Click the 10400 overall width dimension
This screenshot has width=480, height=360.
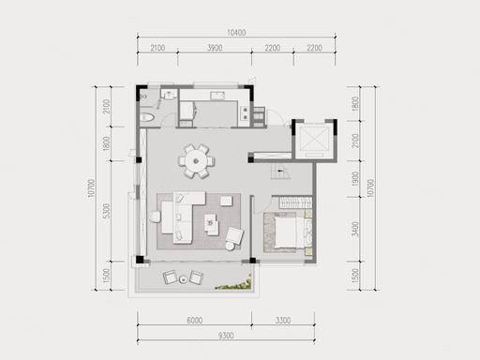click(236, 33)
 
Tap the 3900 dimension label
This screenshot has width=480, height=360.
click(215, 48)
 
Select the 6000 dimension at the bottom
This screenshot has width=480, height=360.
click(195, 321)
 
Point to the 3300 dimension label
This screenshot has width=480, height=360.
click(283, 321)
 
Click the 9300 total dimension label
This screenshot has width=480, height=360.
click(226, 336)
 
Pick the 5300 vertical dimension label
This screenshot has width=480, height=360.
click(107, 211)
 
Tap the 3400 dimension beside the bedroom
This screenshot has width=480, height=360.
click(355, 229)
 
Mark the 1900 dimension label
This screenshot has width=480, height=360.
click(355, 179)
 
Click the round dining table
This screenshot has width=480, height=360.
click(196, 161)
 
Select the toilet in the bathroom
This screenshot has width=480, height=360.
click(146, 117)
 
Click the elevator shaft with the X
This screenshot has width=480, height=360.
click(314, 140)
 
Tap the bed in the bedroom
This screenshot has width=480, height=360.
click(285, 232)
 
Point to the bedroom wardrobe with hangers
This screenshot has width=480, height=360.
click(295, 202)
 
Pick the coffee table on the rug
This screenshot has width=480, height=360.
click(212, 224)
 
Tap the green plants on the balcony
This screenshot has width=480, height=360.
click(233, 284)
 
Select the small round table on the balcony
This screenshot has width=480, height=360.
click(183, 279)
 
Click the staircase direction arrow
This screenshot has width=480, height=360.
click(281, 171)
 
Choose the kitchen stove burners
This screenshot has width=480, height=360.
click(246, 113)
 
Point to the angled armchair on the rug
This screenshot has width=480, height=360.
click(234, 236)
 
